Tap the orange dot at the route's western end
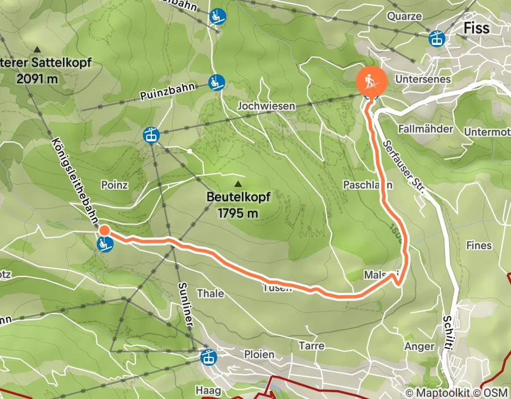pyautogui.click(x=105, y=230)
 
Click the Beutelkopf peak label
pyautogui.click(x=238, y=197)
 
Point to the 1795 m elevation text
pyautogui.click(x=238, y=214)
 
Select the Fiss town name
pyautogui.click(x=476, y=28)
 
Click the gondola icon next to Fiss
pyautogui.click(x=437, y=38)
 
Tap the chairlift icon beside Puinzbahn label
pyautogui.click(x=216, y=83)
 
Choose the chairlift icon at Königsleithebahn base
pyautogui.click(x=105, y=245)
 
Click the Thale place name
pyautogui.click(x=210, y=294)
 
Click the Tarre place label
pyautogui.click(x=311, y=345)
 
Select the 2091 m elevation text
pyautogui.click(x=38, y=79)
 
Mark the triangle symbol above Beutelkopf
pyautogui.click(x=238, y=184)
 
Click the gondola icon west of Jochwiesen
pyautogui.click(x=151, y=135)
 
